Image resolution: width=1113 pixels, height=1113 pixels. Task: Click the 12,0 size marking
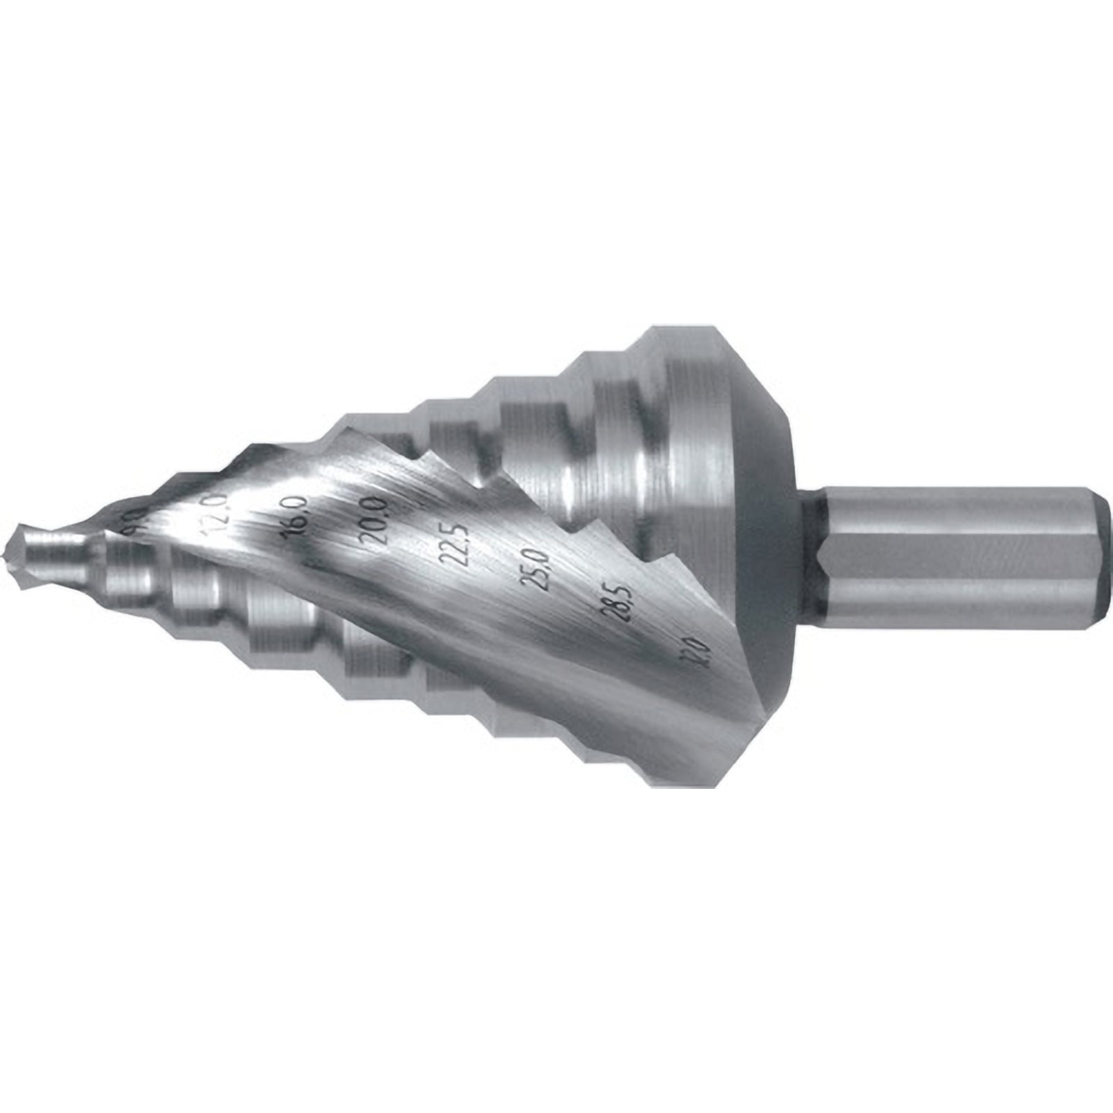214,513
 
